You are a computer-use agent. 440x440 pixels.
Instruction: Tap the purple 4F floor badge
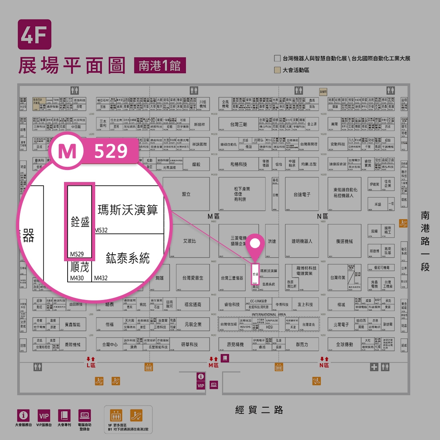34,34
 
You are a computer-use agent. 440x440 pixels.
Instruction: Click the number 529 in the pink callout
111,151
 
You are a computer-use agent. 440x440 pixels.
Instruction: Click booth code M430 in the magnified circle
77,278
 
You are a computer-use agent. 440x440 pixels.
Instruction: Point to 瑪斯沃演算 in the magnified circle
128,210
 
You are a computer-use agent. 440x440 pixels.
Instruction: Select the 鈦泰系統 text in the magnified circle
128,258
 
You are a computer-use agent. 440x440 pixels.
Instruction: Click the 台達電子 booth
302,194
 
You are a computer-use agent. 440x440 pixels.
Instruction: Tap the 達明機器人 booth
302,241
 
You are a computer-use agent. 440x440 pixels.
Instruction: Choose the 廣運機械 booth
344,241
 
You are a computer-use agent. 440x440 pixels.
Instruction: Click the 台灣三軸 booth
239,124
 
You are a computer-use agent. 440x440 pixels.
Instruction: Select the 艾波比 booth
190,241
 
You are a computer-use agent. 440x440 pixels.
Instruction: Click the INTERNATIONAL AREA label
268,314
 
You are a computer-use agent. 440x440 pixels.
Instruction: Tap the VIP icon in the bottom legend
44,416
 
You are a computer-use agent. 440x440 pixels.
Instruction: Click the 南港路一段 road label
425,241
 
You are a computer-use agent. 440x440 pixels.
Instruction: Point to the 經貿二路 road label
259,410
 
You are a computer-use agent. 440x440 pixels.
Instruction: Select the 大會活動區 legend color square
277,70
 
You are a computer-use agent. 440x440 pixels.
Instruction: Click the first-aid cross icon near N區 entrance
374,367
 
